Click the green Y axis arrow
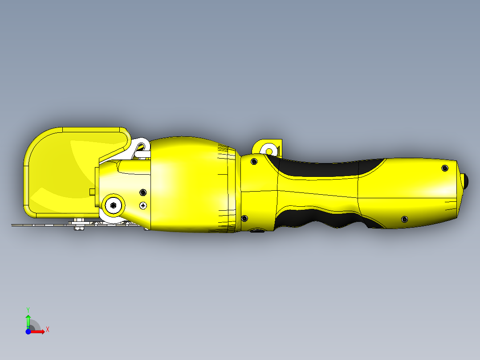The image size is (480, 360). coord(28,320)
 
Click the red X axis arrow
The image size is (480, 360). coord(39,331)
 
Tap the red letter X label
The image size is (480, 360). coord(48,329)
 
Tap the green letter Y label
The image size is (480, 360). coord(28,309)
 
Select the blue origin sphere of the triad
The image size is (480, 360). coord(28,331)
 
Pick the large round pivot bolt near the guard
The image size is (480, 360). coord(114,205)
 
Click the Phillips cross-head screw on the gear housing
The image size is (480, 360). coord(143,205)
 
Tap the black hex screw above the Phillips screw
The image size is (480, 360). coord(143,192)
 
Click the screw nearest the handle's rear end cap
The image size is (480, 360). coord(444,168)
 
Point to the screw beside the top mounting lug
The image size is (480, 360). coord(254,161)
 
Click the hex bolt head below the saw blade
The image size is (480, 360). coord(79,229)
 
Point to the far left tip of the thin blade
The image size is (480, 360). coord(12,225)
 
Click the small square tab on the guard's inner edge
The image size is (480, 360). coord(92,192)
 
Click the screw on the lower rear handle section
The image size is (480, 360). coord(404,219)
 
